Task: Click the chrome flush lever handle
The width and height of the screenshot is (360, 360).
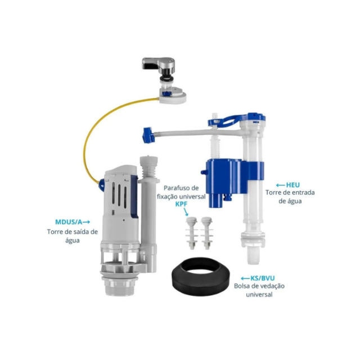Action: click(159, 64)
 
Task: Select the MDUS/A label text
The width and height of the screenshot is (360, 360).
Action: click(69, 222)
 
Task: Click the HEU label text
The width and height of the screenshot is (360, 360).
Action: click(292, 185)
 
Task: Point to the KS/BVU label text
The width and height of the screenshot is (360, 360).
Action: click(263, 278)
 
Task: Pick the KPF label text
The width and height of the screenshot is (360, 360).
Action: click(181, 204)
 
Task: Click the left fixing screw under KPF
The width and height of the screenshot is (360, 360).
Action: click(192, 233)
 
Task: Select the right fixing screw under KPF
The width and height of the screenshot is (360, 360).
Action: click(206, 233)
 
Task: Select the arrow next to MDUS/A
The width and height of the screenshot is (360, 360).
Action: click(86, 222)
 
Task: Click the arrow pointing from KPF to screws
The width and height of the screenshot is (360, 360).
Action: click(186, 212)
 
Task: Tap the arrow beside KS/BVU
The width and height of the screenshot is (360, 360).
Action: click(245, 278)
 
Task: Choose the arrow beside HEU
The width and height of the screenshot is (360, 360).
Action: click(281, 185)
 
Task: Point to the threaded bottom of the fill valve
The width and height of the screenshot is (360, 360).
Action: click(253, 255)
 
